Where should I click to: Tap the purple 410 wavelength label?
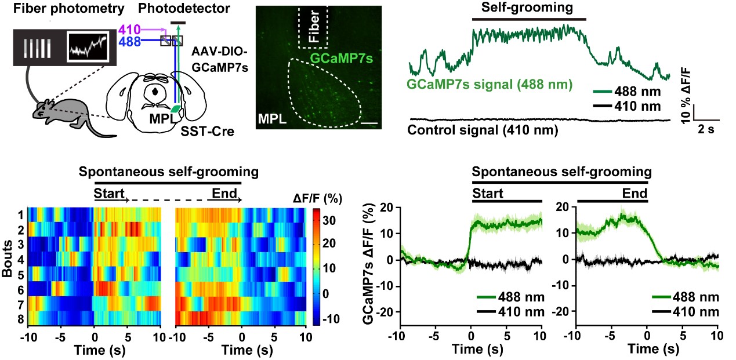pos(129,28)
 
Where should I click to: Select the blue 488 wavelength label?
pos(129,41)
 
